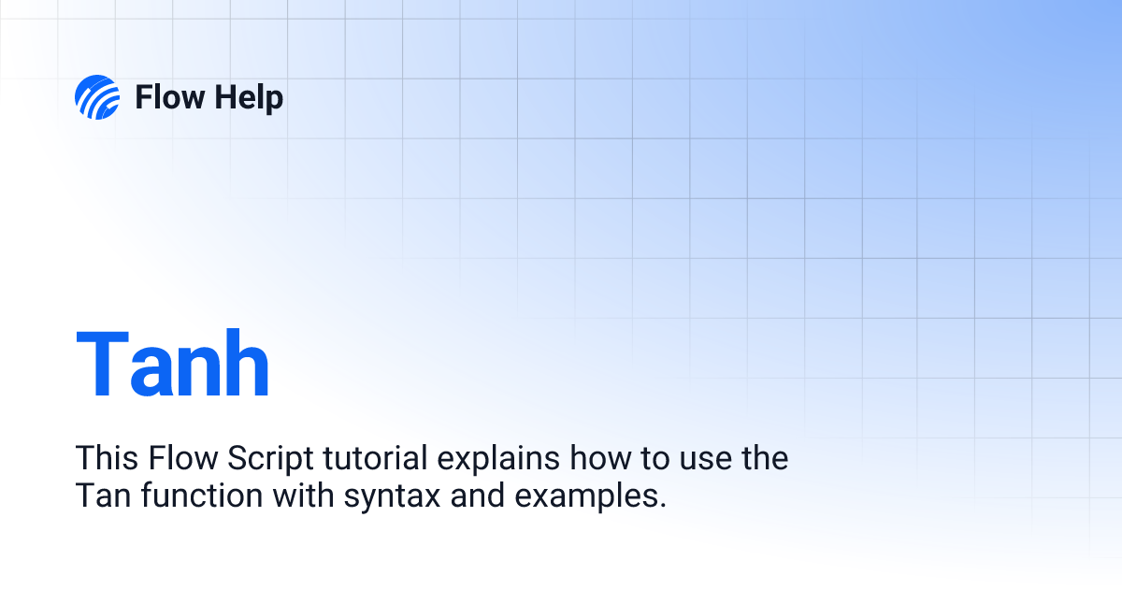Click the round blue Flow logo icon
[97, 97]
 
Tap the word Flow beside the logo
[170, 97]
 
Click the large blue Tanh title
[173, 363]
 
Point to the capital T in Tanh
[102, 363]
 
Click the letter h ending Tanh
[247, 363]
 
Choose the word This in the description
[107, 458]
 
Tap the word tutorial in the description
[376, 458]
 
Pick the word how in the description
[600, 458]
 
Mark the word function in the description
[202, 495]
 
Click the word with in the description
[303, 495]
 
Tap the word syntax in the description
[392, 498]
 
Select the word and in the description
[478, 495]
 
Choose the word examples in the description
[586, 496]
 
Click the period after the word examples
[663, 505]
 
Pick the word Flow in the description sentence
[183, 458]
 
